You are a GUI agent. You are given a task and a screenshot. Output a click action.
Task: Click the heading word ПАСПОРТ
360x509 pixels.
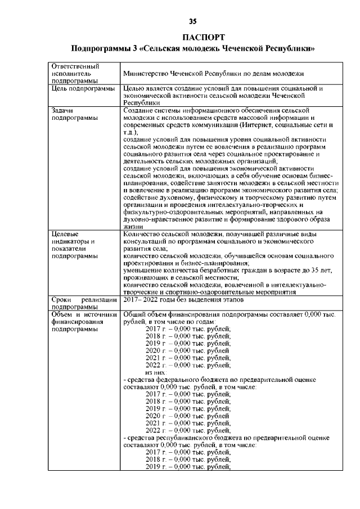(x=192, y=38)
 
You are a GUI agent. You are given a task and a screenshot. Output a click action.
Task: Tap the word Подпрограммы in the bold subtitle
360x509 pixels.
(x=102, y=49)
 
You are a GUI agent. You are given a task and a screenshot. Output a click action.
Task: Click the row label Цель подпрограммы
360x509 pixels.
(x=83, y=89)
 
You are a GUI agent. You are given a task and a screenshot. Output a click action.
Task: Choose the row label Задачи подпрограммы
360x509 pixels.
(x=74, y=114)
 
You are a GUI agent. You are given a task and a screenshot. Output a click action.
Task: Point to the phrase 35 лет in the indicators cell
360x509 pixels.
(x=326, y=271)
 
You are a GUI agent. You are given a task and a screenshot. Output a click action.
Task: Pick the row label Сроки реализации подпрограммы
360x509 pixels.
(x=83, y=304)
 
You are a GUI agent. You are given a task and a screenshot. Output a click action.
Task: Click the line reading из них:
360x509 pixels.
(x=156, y=373)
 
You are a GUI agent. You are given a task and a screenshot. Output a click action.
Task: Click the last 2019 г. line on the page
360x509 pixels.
(x=188, y=466)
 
